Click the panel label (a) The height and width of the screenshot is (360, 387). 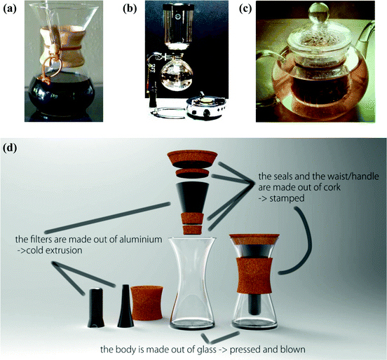pos(9,8)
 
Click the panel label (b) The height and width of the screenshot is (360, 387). pos(130,8)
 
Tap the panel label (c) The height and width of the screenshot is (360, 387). pos(245,8)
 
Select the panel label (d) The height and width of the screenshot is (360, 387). pos(10,148)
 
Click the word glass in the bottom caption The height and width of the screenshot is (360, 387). pos(203,349)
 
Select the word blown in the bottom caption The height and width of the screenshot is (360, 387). pos(293,349)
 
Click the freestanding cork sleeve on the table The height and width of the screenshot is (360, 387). pos(147,303)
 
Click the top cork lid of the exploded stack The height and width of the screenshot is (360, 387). pos(192,159)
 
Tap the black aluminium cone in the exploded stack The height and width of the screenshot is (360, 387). pos(193,198)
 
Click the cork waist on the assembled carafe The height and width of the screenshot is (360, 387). pos(254,275)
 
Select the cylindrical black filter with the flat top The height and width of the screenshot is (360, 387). pos(95,307)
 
